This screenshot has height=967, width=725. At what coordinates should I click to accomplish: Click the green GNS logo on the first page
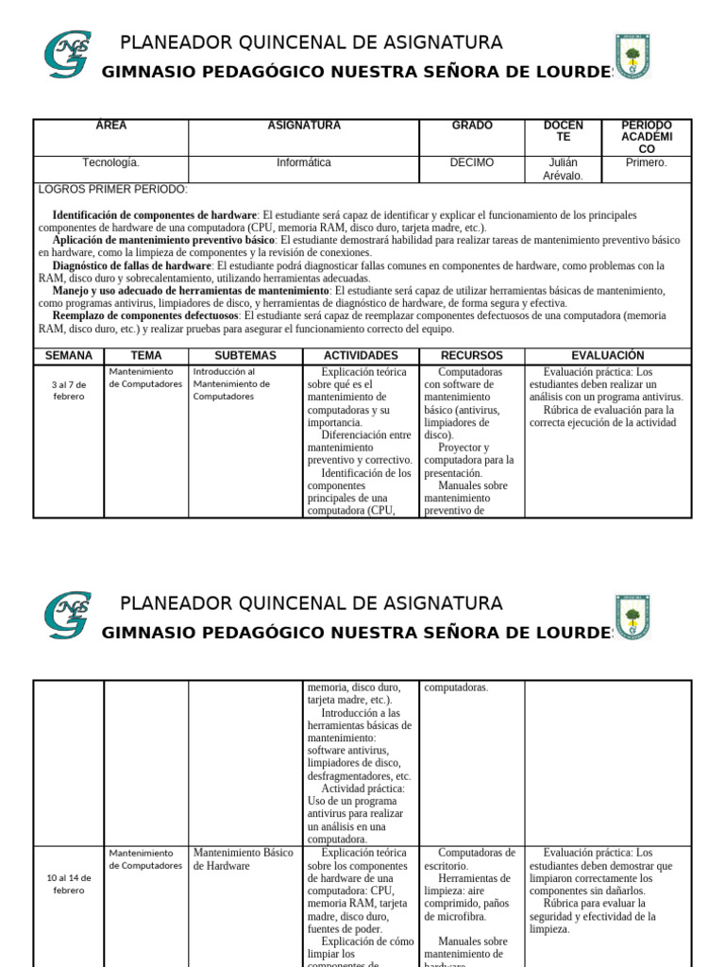[x=67, y=54]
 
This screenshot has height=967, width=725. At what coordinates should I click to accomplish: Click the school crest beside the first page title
[x=632, y=56]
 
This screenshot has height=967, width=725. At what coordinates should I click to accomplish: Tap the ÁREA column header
[x=111, y=126]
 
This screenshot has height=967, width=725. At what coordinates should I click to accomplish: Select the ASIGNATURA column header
[x=304, y=126]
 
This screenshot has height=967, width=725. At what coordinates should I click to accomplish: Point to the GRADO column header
[x=472, y=126]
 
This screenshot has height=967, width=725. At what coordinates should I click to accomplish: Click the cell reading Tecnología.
[x=111, y=162]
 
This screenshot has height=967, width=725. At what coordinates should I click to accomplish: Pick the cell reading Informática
[x=304, y=162]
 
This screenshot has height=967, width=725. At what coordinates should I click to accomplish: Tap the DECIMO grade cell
[x=472, y=162]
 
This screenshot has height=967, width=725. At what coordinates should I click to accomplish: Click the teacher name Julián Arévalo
[x=564, y=169]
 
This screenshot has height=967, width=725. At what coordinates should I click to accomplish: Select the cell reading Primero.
[x=647, y=162]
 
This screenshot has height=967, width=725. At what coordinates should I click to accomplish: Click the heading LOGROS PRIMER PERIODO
[x=113, y=190]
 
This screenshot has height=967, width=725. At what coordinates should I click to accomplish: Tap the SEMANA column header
[x=69, y=356]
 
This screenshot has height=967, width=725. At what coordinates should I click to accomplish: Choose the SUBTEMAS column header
[x=245, y=356]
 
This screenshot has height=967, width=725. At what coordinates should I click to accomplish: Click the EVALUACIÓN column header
[x=608, y=356]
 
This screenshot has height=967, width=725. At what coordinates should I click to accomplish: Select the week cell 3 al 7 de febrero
[x=68, y=390]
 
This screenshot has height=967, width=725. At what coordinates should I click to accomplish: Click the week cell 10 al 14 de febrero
[x=68, y=884]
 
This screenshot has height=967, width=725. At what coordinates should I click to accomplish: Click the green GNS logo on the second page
[x=67, y=615]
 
